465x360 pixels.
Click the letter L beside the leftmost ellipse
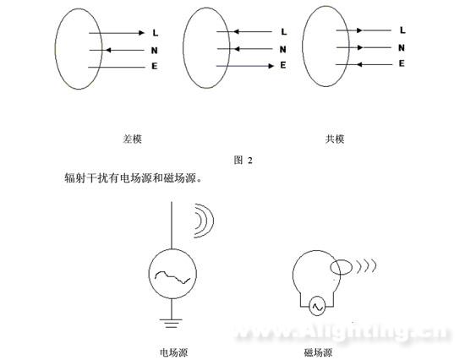tap(155, 33)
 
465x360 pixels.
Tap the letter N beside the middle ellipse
tap(283, 50)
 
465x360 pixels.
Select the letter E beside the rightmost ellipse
tap(402, 63)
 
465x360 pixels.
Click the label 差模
tap(132, 139)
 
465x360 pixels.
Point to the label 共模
tap(335, 139)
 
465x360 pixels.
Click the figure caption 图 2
tap(243, 161)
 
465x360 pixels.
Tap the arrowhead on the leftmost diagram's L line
tap(142, 33)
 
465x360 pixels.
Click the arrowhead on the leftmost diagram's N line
tap(108, 50)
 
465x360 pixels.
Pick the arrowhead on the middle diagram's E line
tap(271, 66)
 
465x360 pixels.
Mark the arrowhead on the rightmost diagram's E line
tap(359, 64)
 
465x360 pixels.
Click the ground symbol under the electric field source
tap(171, 323)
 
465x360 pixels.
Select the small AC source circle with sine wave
tap(317, 307)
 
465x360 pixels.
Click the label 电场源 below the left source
tap(174, 352)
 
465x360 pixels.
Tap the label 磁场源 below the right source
tap(318, 352)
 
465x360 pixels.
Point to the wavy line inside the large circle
tap(172, 276)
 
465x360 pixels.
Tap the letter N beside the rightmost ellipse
tap(402, 47)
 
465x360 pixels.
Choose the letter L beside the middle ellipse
tap(284, 32)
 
